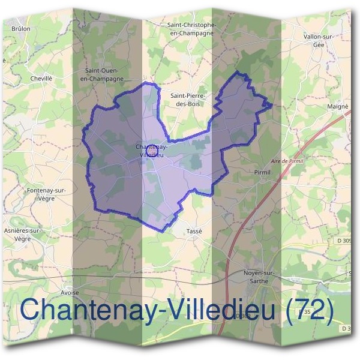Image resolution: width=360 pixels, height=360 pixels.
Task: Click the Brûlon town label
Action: pyautogui.click(x=21, y=28)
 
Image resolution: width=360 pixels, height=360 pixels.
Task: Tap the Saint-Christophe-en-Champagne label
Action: pyautogui.click(x=191, y=29)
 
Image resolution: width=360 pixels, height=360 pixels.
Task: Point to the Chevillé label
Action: pyautogui.click(x=41, y=78)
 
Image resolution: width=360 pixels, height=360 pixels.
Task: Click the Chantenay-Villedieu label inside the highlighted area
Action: pyautogui.click(x=151, y=150)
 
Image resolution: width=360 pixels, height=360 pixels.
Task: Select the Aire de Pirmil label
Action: pyautogui.click(x=287, y=161)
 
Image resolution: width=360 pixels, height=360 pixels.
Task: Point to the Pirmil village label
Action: pyautogui.click(x=263, y=172)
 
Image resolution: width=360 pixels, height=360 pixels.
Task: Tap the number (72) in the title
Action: pyautogui.click(x=308, y=309)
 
